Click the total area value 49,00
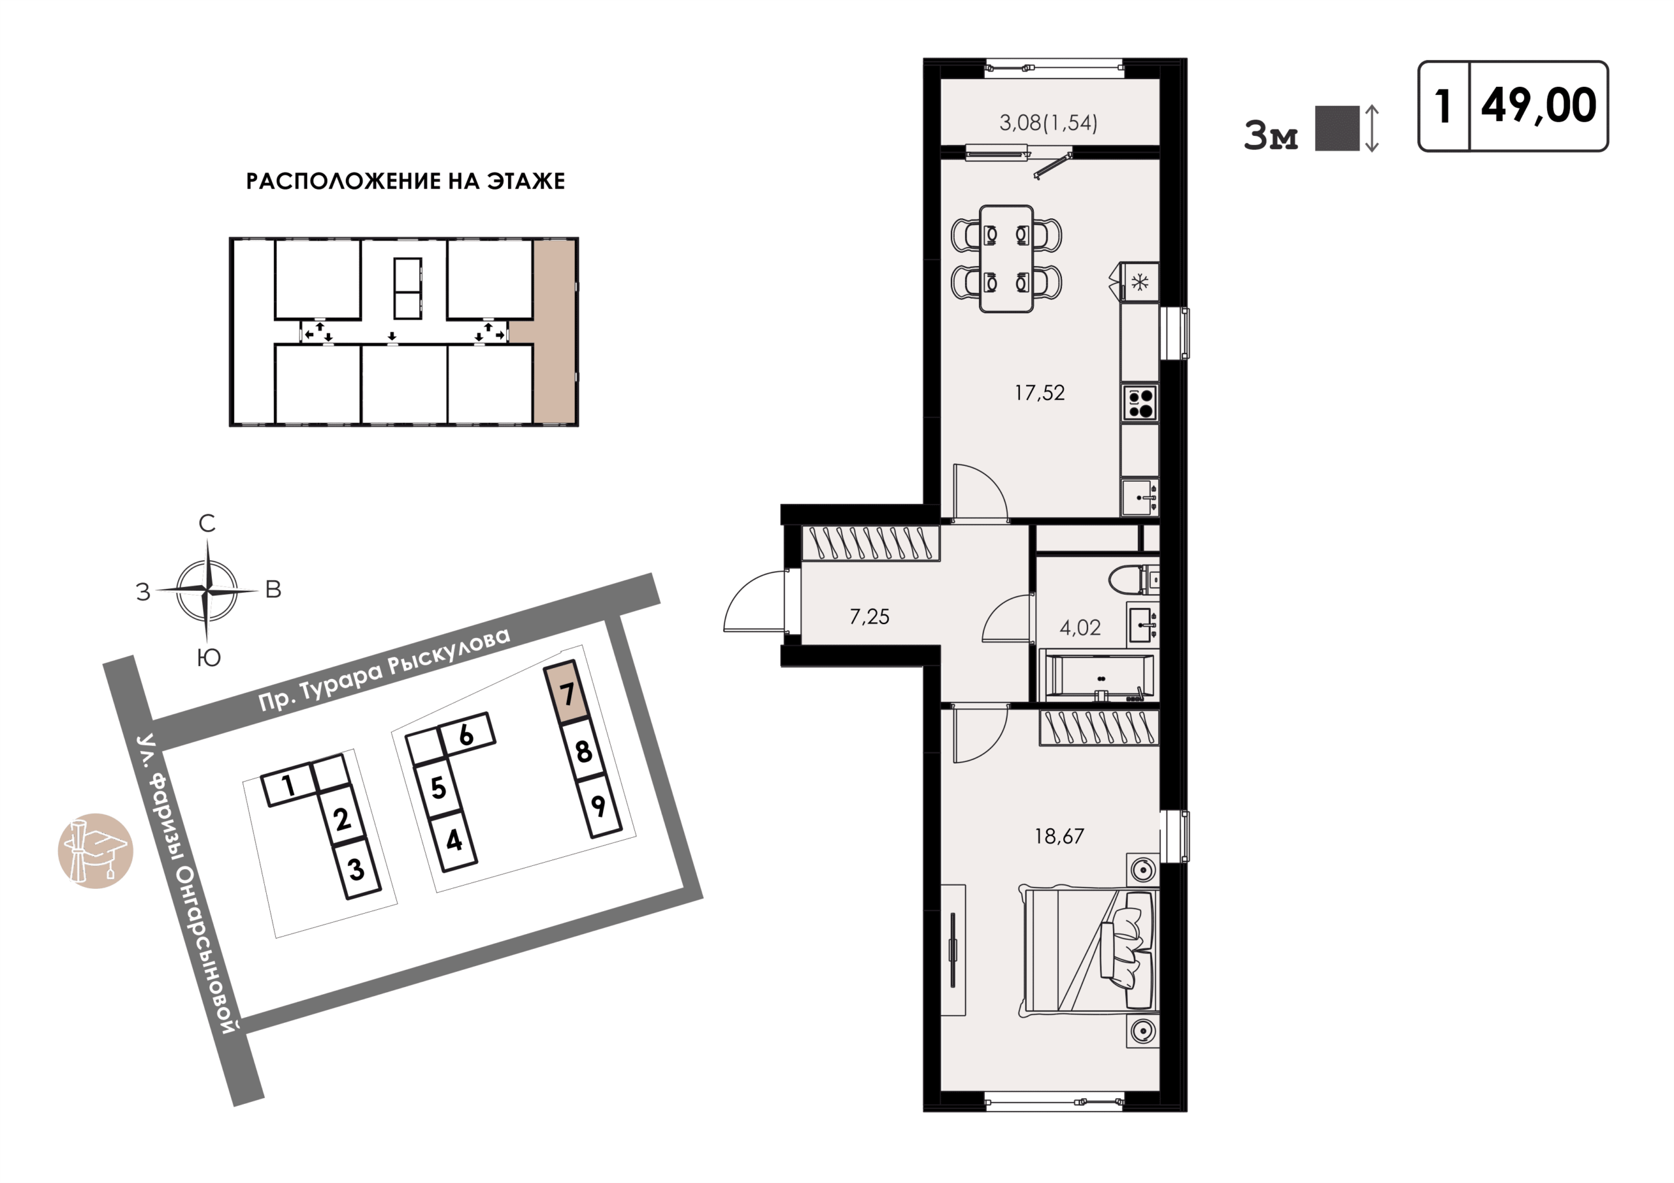tap(1539, 107)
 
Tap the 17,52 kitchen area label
tap(1040, 393)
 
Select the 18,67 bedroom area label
tap(1059, 836)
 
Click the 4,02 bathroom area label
tap(1080, 627)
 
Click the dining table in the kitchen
tap(1006, 259)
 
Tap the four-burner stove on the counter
tap(1140, 403)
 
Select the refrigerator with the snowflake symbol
tap(1140, 282)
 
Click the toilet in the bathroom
tap(1133, 580)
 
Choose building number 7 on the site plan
tap(566, 692)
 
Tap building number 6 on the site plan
tap(467, 735)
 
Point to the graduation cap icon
tap(95, 850)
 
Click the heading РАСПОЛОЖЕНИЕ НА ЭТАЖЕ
tap(405, 182)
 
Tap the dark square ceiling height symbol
tap(1337, 128)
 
